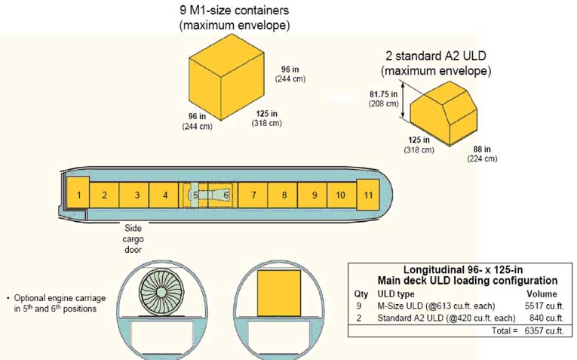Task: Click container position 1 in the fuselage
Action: [78, 195]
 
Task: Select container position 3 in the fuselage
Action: [137, 195]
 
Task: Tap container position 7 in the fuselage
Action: [253, 195]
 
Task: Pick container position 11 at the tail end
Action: [367, 195]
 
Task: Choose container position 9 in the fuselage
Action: [314, 195]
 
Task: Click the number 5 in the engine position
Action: [195, 195]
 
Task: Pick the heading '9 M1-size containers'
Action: [235, 11]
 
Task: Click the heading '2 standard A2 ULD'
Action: [437, 57]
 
